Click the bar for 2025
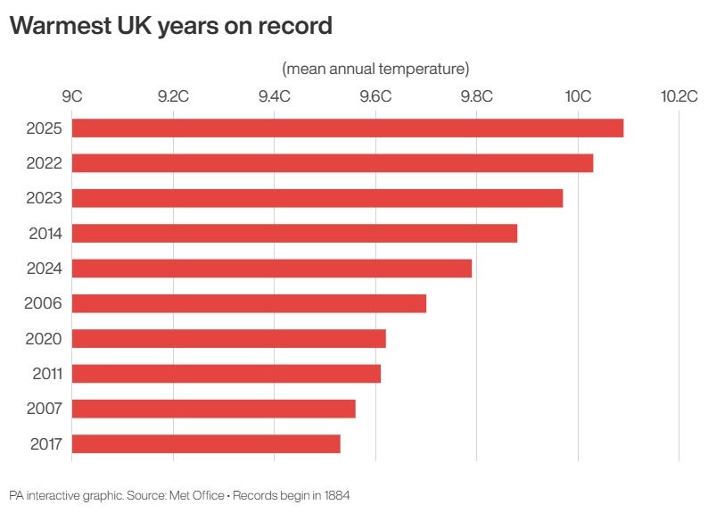coord(347,128)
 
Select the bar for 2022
coord(332,163)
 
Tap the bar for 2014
coord(294,233)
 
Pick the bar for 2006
coord(249,303)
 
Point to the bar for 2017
coord(206,443)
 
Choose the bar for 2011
coord(226,373)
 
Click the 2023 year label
coord(44,198)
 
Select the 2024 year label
coord(44,268)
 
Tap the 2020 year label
coord(44,338)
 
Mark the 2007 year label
coord(44,409)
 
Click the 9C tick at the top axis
coord(71,95)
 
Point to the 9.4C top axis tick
coord(274,95)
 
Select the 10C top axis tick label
coord(578,95)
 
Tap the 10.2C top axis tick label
coord(679,95)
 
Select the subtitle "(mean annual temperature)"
coord(375,68)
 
